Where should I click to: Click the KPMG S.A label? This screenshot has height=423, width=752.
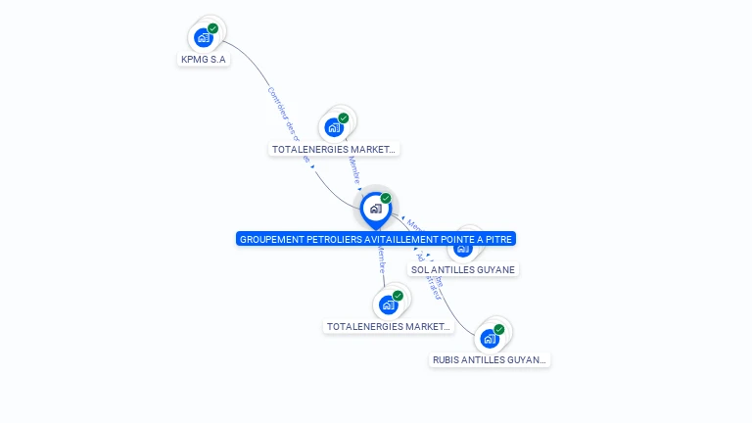[x=204, y=59]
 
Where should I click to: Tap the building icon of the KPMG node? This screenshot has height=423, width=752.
[x=203, y=38]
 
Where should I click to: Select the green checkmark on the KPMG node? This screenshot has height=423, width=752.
[x=213, y=28]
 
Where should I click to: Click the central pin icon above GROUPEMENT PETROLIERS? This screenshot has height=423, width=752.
[x=375, y=209]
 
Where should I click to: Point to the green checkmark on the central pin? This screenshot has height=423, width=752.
[x=386, y=199]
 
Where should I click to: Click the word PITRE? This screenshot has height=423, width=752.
[x=500, y=239]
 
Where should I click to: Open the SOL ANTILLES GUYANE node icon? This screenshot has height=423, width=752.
[x=464, y=248]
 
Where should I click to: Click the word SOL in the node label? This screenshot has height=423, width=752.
[x=420, y=269]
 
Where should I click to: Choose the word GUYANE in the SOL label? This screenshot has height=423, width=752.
[x=496, y=269]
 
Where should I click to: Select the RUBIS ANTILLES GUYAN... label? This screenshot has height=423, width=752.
[x=491, y=359]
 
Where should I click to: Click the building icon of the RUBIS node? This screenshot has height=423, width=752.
[x=490, y=339]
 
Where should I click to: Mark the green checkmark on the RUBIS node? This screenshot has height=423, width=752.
[x=499, y=329]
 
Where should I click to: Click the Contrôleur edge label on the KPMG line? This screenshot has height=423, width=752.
[x=282, y=112]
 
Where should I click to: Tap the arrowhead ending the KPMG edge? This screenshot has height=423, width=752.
[x=312, y=166]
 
